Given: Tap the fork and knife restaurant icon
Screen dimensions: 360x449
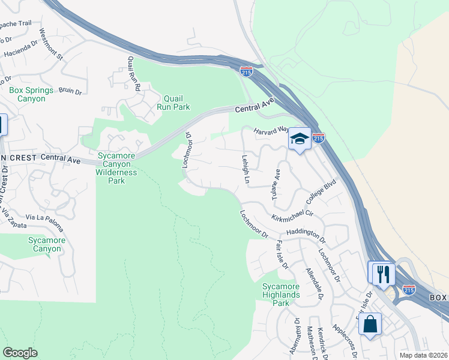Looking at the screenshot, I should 382,274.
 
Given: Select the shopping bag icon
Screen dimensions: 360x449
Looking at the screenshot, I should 370,324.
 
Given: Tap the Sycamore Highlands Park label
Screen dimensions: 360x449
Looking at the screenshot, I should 281,295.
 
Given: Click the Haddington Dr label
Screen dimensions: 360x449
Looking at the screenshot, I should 306,234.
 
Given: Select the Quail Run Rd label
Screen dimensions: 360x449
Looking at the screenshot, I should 133,74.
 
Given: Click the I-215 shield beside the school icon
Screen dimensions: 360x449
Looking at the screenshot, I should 319,138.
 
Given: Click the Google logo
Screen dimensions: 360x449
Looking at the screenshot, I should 20,353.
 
